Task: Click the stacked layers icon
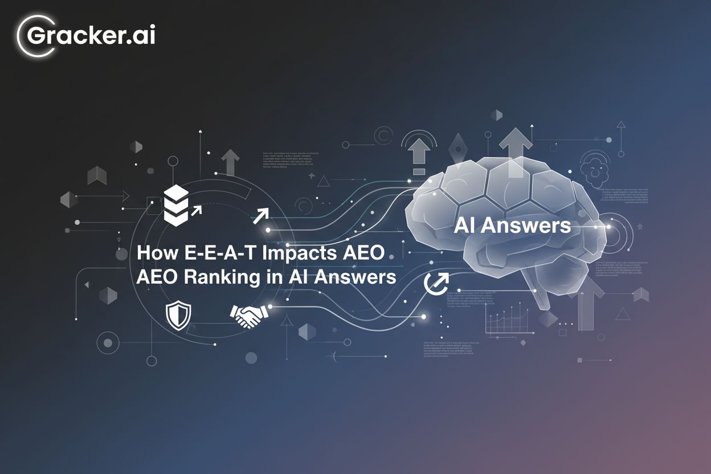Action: (x=175, y=203)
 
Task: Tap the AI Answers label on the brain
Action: (x=512, y=226)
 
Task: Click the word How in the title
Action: (x=153, y=254)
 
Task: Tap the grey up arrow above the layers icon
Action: (x=230, y=162)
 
